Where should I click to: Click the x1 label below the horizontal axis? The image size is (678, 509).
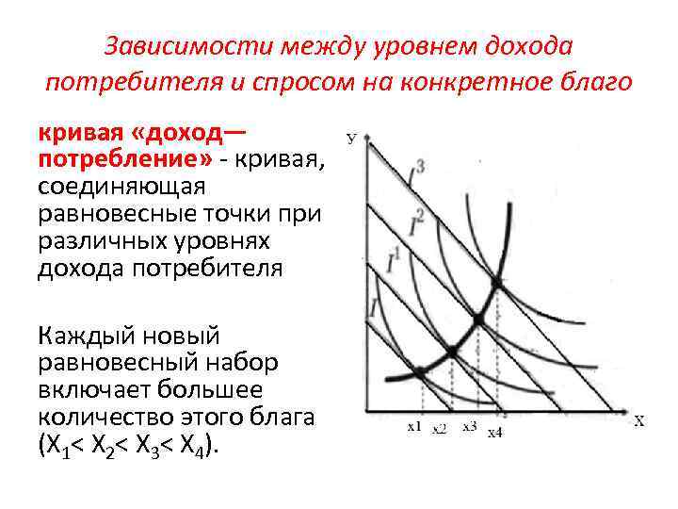pyautogui.click(x=414, y=427)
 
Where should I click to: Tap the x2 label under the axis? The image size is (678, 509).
pyautogui.click(x=439, y=429)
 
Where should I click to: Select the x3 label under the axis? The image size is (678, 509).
pyautogui.click(x=470, y=426)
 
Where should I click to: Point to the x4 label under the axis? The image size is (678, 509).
pyautogui.click(x=494, y=432)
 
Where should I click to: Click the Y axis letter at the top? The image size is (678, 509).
pyautogui.click(x=351, y=139)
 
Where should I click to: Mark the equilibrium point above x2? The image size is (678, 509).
pyautogui.click(x=450, y=351)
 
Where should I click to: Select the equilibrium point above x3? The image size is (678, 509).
pyautogui.click(x=477, y=320)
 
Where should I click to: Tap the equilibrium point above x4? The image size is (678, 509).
pyautogui.click(x=496, y=283)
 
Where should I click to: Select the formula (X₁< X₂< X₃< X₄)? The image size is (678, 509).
pyautogui.click(x=128, y=445)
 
